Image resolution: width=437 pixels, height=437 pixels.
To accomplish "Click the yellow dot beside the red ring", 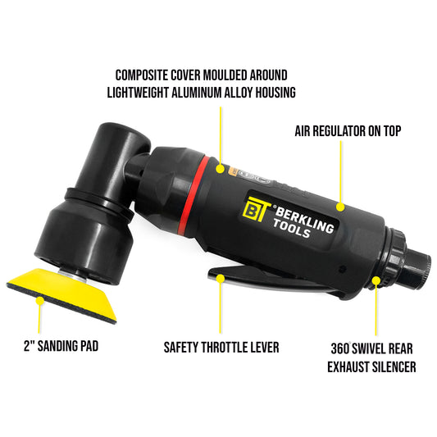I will tap(220, 167).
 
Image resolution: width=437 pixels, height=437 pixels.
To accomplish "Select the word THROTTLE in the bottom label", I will tap(227, 347).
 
